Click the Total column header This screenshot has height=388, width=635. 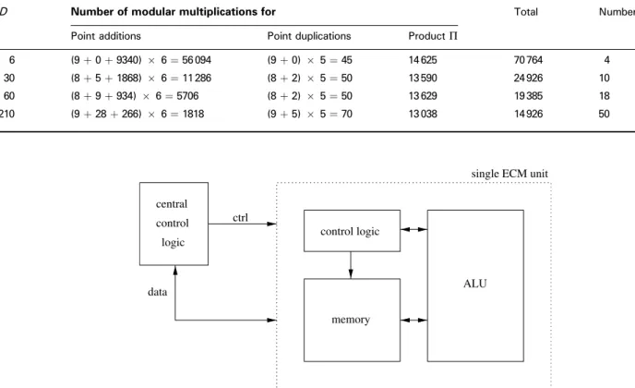point(526,12)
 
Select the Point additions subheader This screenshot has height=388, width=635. point(106,36)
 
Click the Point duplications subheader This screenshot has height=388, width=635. point(309,36)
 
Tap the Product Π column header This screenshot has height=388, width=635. point(433,36)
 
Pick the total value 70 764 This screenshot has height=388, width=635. point(528,60)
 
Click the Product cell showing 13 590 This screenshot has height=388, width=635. point(423,78)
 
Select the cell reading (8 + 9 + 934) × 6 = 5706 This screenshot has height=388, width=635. point(135,96)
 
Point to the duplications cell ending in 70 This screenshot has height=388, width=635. point(310,114)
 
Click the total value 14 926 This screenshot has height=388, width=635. point(528,114)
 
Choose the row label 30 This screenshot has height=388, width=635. point(9,78)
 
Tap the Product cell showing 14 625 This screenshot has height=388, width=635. point(423,60)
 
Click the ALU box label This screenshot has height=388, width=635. point(475,284)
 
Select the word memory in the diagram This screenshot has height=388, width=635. point(351,320)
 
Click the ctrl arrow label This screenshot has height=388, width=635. point(240,218)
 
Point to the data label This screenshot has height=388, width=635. point(158,292)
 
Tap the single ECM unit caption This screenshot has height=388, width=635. point(509,174)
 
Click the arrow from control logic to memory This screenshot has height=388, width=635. point(351,265)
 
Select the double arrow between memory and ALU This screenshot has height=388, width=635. point(413,321)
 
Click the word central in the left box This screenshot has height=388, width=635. point(172,204)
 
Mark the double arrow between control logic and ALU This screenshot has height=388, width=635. point(413,229)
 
